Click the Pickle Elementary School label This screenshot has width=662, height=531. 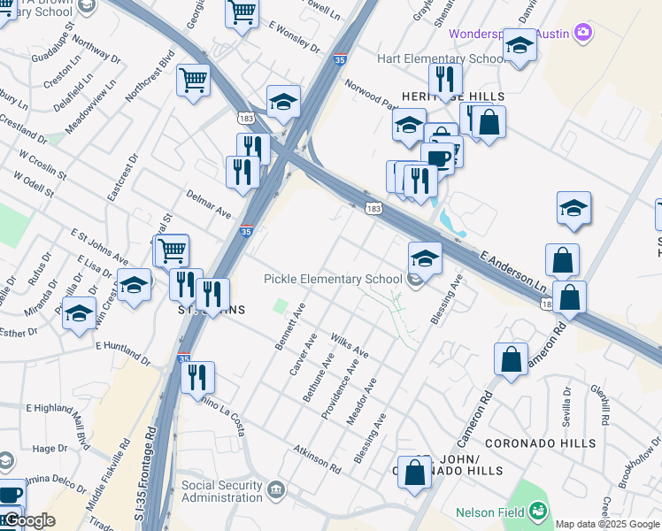pyautogui.click(x=334, y=280)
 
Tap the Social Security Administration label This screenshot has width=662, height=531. pyautogui.click(x=222, y=491)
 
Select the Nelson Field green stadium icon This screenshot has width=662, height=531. pyautogui.click(x=538, y=511)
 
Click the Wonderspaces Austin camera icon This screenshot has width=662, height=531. pyautogui.click(x=583, y=33)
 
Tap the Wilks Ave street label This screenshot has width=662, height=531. pyautogui.click(x=350, y=346)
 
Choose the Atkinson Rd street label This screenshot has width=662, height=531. pyautogui.click(x=318, y=457)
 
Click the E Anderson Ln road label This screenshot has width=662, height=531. pyautogui.click(x=513, y=273)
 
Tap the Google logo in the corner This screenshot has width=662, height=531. pyautogui.click(x=28, y=520)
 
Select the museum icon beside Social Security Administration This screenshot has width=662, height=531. pyautogui.click(x=276, y=489)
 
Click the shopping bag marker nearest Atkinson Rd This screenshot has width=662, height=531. pyautogui.click(x=414, y=473)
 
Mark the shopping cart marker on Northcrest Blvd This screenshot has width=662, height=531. pyautogui.click(x=193, y=81)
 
